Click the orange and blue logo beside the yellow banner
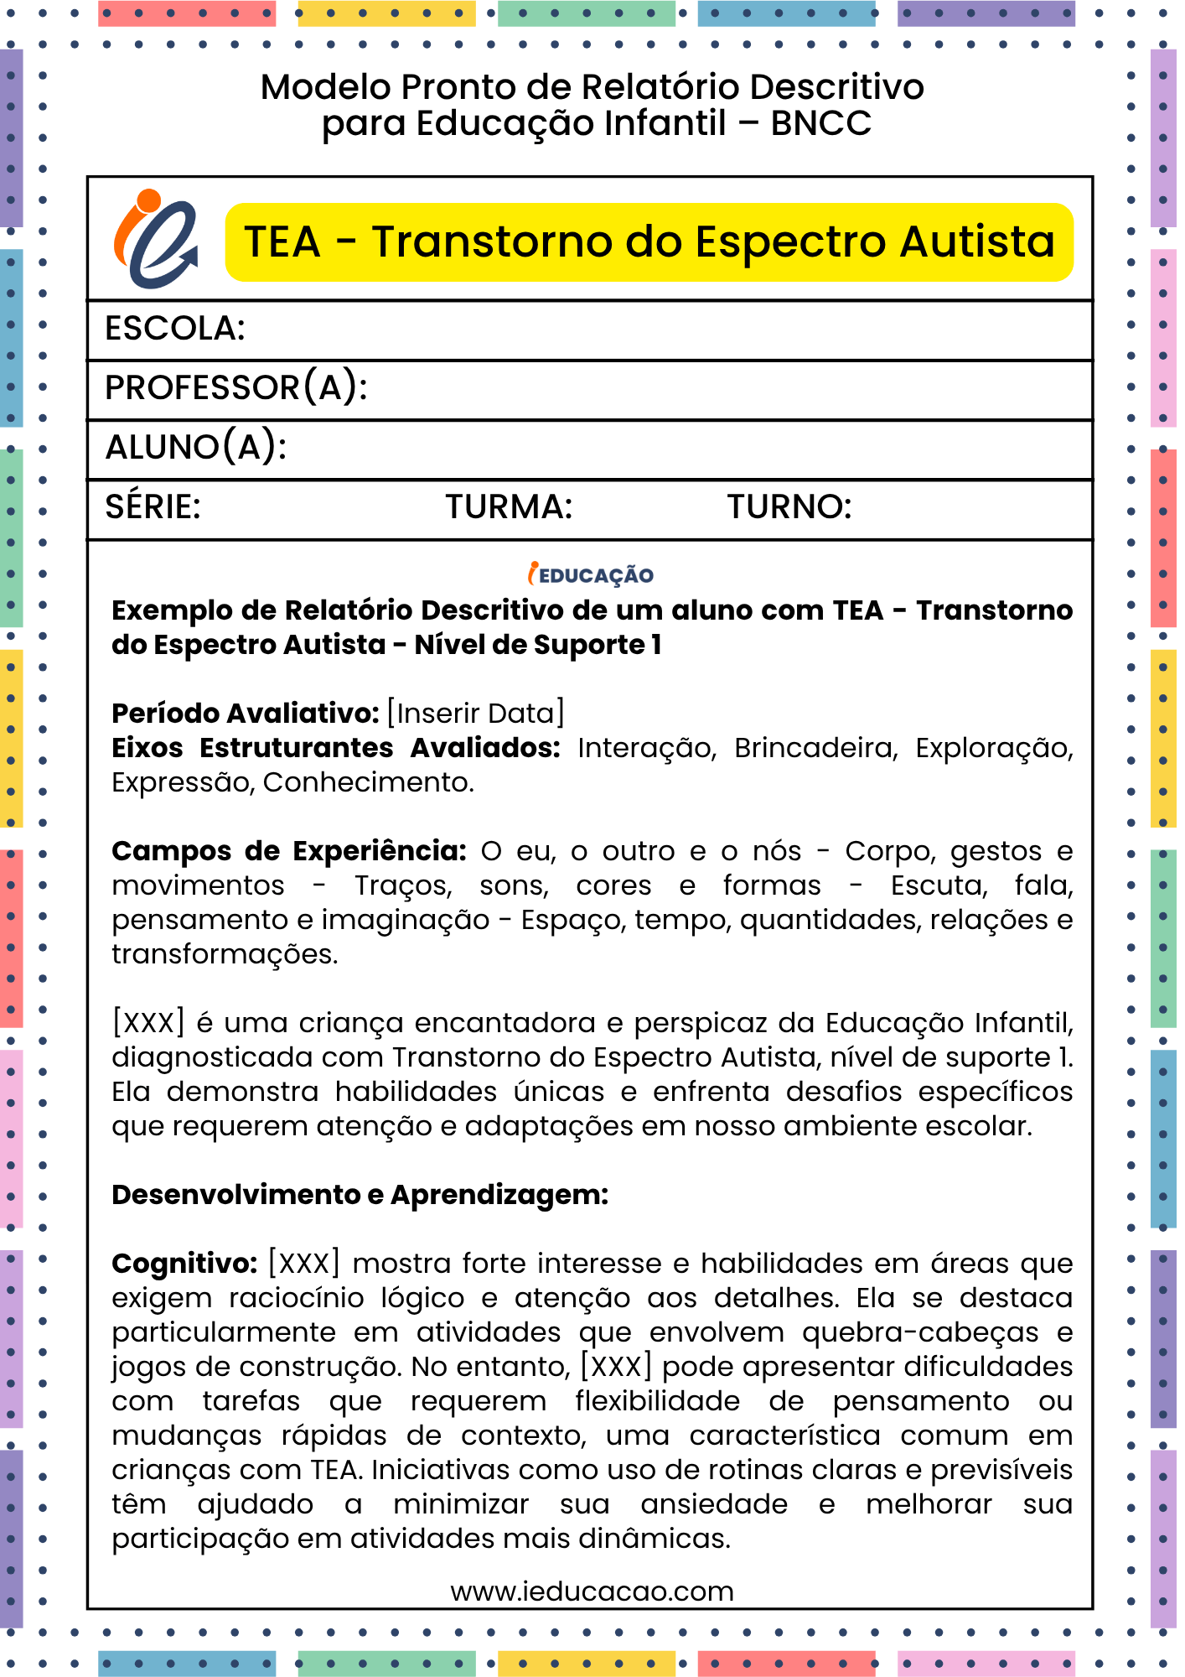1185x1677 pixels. click(x=156, y=240)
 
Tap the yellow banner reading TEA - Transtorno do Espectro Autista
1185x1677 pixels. click(x=649, y=242)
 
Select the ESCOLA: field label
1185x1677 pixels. click(x=174, y=329)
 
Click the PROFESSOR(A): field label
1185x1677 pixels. click(x=235, y=388)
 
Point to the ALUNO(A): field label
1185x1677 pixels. click(x=195, y=448)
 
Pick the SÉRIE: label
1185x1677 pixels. click(x=153, y=507)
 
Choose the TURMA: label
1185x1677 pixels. click(x=509, y=507)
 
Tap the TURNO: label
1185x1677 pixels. click(x=789, y=507)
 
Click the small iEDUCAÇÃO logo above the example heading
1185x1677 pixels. click(x=591, y=574)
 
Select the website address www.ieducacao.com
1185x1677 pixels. click(x=592, y=1591)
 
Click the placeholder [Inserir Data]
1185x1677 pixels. click(x=475, y=714)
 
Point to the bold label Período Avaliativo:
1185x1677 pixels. click(x=246, y=714)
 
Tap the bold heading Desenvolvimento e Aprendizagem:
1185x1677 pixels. click(x=360, y=1195)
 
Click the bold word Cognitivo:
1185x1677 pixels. click(x=184, y=1264)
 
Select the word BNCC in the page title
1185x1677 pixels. click(x=820, y=123)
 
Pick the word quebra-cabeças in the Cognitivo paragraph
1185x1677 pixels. click(x=919, y=1332)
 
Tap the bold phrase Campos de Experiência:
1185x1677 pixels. click(x=289, y=851)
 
